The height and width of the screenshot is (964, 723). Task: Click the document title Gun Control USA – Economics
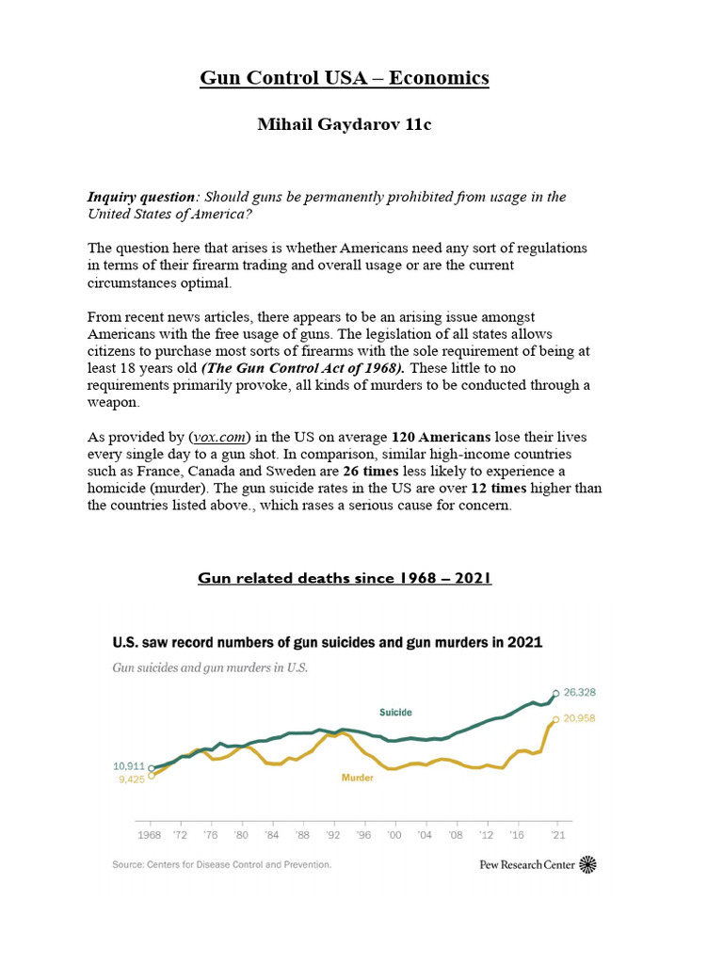(344, 77)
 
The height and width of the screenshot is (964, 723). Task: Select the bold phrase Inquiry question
(142, 197)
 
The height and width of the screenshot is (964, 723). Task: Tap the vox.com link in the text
(221, 437)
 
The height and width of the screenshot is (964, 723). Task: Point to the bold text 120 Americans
(441, 437)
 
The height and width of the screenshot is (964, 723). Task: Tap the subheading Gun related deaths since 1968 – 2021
(345, 577)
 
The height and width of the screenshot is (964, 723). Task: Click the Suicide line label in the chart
(395, 713)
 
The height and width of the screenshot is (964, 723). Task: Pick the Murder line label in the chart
(357, 778)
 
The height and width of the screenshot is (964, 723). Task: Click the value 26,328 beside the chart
(580, 693)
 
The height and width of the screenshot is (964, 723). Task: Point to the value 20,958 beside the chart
(580, 719)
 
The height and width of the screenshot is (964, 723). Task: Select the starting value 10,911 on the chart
(130, 766)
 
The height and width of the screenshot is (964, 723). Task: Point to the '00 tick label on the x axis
(394, 834)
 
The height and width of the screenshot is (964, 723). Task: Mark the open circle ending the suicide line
(556, 694)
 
